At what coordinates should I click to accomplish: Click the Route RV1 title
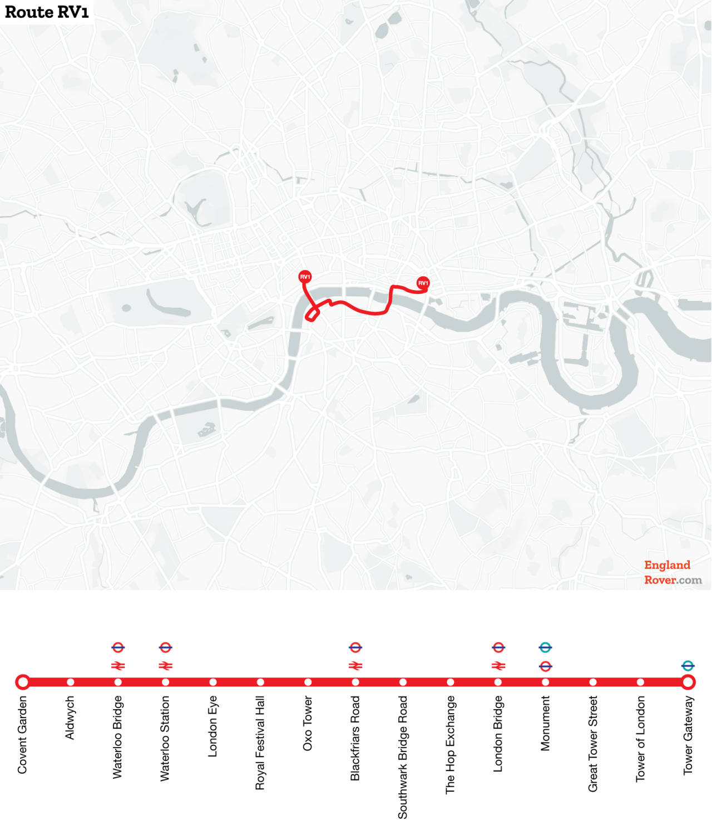tap(47, 12)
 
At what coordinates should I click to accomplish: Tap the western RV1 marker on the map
tap(305, 277)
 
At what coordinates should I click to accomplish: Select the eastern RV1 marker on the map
tap(423, 283)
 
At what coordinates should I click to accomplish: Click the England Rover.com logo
tap(673, 572)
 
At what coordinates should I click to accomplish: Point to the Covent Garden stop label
tap(23, 734)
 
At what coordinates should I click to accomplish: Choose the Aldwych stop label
tap(70, 718)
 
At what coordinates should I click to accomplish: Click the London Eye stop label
tap(212, 726)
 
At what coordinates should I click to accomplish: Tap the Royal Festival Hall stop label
tap(260, 743)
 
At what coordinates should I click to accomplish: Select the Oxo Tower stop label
tap(308, 723)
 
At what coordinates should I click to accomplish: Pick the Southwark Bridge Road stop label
tap(403, 757)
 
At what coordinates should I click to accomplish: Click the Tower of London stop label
tap(640, 739)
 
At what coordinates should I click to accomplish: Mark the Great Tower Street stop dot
tap(593, 682)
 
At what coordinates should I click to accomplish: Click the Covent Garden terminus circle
tap(23, 682)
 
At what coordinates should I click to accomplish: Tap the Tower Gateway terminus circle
tap(688, 682)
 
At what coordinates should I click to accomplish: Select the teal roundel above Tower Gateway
tap(688, 665)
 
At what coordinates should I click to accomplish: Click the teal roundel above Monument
tap(546, 647)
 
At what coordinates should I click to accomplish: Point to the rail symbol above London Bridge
tap(498, 666)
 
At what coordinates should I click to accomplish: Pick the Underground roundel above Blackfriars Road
tap(355, 647)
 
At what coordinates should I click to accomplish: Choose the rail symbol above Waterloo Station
tap(166, 666)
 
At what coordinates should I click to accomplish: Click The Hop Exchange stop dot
tap(451, 682)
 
